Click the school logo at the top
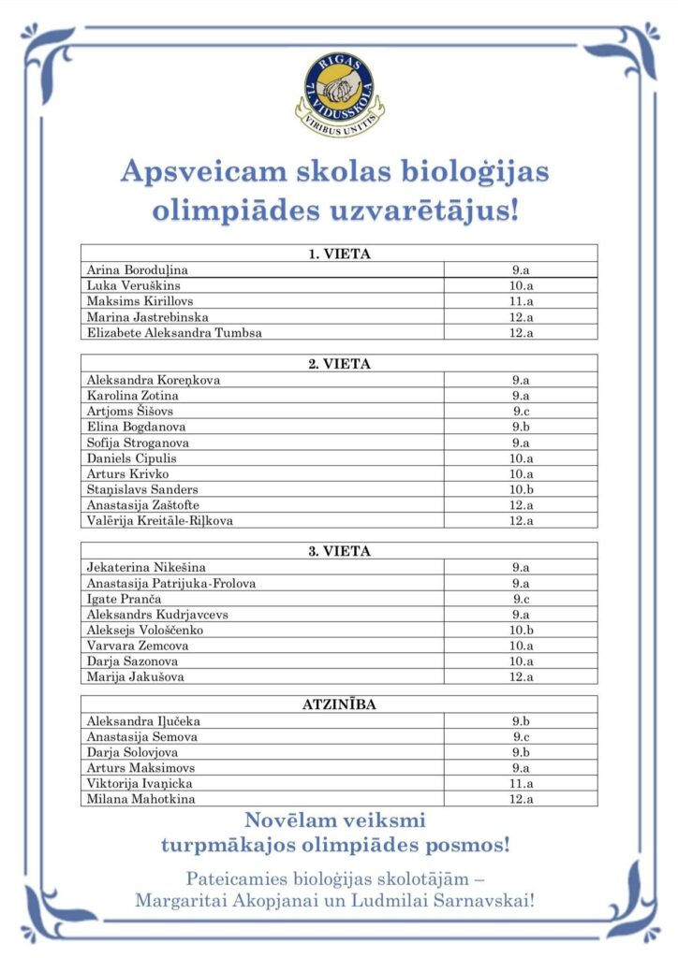coord(338,90)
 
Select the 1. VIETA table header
coord(338,254)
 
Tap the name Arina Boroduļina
coord(137,269)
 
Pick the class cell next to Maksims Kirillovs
coord(521,301)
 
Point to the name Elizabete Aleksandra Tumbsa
coord(174,333)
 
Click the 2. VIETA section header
coord(338,364)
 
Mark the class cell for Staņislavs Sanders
coord(521,489)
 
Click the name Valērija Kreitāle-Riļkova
coord(159,521)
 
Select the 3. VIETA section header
coord(338,551)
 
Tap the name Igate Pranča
coord(124,599)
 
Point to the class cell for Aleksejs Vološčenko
coord(521,631)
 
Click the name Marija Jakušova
coord(132,677)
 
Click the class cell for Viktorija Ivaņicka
coord(521,783)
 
